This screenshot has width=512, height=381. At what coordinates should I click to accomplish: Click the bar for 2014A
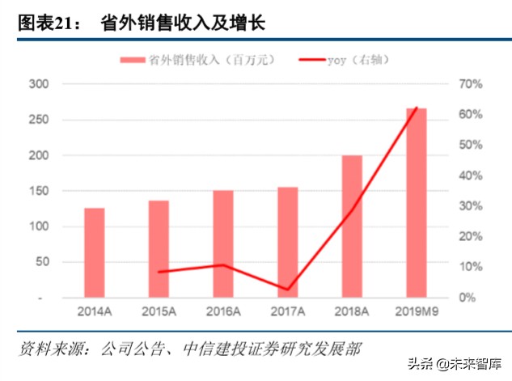pos(95,253)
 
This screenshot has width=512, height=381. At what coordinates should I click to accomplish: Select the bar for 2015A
pos(159,249)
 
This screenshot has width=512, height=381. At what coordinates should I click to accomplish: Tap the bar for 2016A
pos(223,244)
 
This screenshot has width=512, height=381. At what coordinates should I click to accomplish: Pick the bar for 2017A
pos(287,243)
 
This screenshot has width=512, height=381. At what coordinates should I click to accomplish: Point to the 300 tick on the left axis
pos(38,84)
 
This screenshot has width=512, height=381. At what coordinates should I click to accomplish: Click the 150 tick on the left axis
pos(38,191)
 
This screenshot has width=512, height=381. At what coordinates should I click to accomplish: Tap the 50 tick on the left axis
pos(41,262)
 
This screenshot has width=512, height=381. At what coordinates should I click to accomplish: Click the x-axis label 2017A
pos(287,311)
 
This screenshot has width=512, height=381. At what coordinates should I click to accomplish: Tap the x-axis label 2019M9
pos(416,311)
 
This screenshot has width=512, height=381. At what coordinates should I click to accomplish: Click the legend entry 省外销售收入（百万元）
pos(195,59)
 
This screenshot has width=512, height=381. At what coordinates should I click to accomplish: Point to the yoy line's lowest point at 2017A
pos(288,290)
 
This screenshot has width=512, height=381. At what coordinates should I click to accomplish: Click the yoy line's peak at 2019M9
pos(417,108)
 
